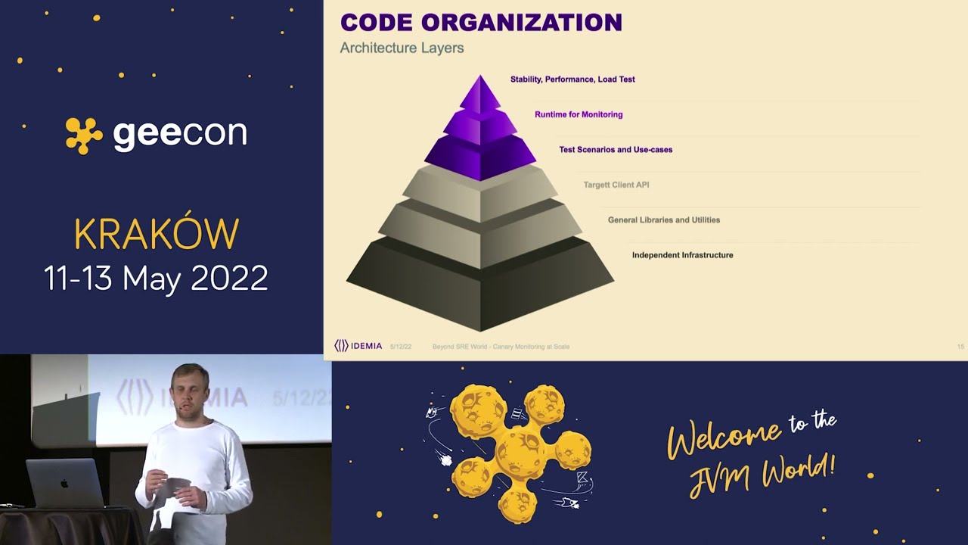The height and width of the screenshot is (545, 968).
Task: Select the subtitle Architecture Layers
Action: tap(402, 48)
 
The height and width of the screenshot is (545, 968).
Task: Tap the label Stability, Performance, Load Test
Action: tap(572, 79)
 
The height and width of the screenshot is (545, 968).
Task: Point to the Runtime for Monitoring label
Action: tap(579, 114)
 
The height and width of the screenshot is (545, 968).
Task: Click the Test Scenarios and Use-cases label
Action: tap(616, 149)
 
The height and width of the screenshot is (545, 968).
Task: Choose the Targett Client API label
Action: tap(616, 185)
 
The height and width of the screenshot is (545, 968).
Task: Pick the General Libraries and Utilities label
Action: tap(663, 220)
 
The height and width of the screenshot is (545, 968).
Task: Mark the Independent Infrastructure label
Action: tap(682, 255)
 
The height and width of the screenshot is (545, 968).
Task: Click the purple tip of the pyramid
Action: tap(480, 91)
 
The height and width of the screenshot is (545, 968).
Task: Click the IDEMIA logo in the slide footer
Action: tap(358, 346)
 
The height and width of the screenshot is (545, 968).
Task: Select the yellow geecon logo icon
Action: tap(84, 135)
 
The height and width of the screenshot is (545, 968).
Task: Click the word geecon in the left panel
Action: tap(180, 134)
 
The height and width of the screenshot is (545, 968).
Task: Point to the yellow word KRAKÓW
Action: tap(157, 235)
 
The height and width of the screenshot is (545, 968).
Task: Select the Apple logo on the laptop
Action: tap(65, 483)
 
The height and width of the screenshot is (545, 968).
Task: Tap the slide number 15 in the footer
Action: tap(960, 347)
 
